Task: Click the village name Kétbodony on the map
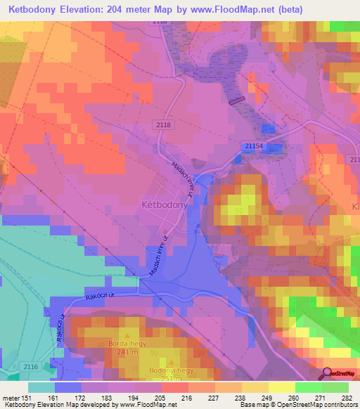tap(165, 204)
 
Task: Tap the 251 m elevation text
tap(167, 379)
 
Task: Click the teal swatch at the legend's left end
tap(41, 387)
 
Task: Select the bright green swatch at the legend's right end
tap(335, 387)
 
